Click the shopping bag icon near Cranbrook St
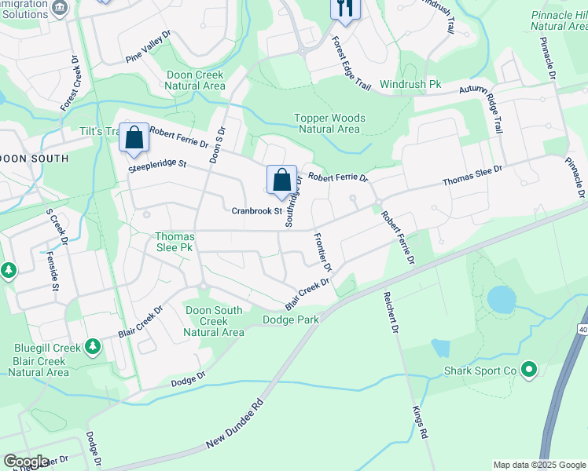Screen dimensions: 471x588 (281, 181)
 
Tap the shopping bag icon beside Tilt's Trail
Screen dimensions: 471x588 (134, 139)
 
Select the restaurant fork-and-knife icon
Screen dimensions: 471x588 (345, 9)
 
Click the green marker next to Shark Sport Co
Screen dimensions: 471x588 (529, 368)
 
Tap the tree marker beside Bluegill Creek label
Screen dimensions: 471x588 (93, 345)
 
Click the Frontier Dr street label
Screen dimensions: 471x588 (322, 252)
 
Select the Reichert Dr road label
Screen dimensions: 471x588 (391, 313)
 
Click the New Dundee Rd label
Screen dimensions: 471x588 (234, 428)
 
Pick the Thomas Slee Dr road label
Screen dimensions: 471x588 (472, 176)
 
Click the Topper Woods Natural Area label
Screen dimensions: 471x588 (329, 123)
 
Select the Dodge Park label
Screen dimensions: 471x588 (291, 319)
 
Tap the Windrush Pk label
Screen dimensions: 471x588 (410, 83)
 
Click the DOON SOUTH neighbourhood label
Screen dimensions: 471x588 (35, 159)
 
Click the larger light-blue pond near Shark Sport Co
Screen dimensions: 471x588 (502, 298)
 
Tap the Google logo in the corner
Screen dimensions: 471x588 (26, 462)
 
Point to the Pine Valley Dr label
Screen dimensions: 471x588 (148, 53)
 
